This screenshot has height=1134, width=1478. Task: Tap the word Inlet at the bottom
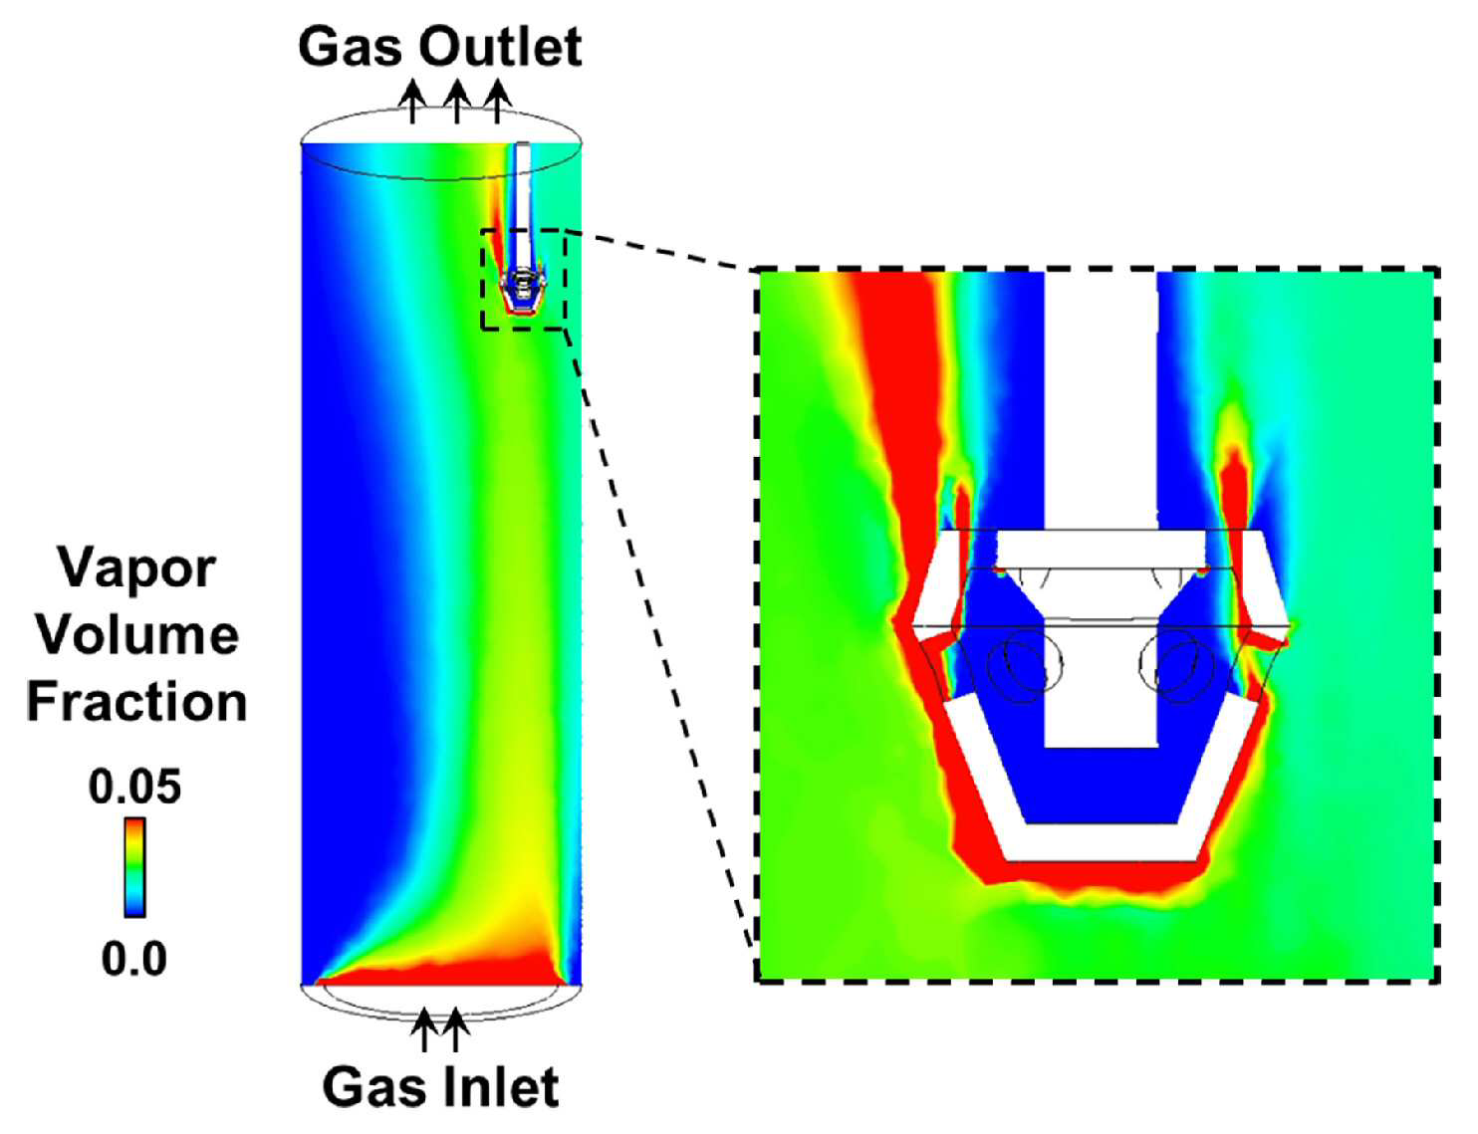pyautogui.click(x=501, y=1088)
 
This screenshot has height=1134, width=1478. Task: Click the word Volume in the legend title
pyautogui.click(x=137, y=635)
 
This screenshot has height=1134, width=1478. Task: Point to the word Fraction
pyautogui.click(x=137, y=702)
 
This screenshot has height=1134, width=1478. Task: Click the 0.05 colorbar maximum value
pyautogui.click(x=134, y=788)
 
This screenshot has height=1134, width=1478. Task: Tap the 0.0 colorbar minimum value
pyautogui.click(x=134, y=960)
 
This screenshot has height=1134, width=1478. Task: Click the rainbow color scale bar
pyautogui.click(x=134, y=868)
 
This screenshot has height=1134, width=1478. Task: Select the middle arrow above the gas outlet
pyautogui.click(x=457, y=102)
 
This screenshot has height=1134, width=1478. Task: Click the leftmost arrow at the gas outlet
pyautogui.click(x=412, y=102)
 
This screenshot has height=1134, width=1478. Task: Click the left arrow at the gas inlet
pyautogui.click(x=424, y=1029)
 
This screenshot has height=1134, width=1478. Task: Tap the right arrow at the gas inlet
pyautogui.click(x=455, y=1029)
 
